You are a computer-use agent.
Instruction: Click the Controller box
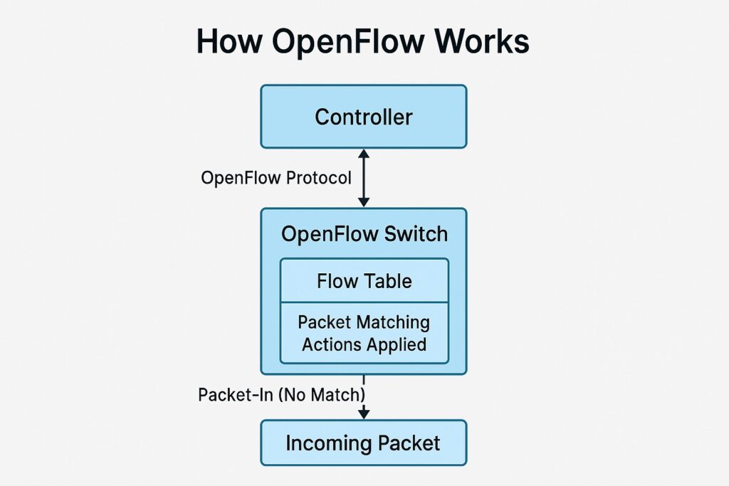[363, 117]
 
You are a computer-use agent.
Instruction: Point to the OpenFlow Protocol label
[276, 178]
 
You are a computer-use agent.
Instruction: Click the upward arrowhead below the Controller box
[364, 154]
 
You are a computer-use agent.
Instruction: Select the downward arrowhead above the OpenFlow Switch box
[364, 202]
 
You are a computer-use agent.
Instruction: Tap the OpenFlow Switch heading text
[364, 235]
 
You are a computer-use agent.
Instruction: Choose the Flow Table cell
[364, 281]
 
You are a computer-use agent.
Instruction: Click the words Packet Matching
[364, 322]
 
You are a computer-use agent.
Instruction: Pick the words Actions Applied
[364, 345]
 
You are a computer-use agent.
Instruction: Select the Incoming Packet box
[363, 443]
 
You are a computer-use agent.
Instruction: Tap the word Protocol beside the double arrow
[318, 178]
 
